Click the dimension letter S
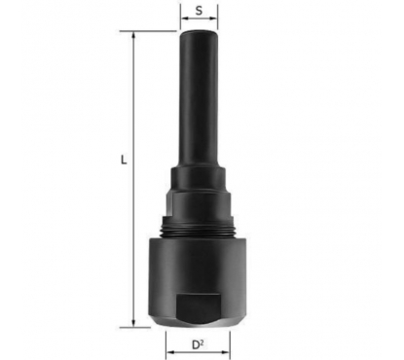[199, 11]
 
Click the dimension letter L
[124, 160]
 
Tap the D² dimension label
[198, 344]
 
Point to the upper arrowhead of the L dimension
[133, 35]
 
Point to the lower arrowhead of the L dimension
[133, 323]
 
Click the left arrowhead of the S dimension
[185, 18]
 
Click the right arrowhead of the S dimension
[213, 18]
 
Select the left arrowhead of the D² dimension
[169, 352]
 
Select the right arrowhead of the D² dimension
[226, 352]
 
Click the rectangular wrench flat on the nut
[198, 306]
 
